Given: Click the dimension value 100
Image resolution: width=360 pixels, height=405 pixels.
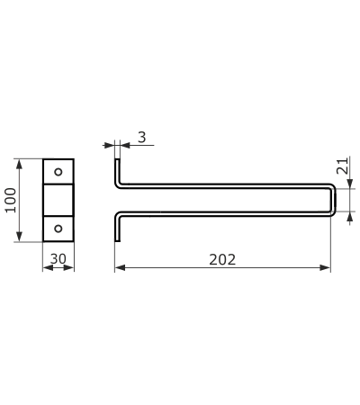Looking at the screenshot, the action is point(11,200).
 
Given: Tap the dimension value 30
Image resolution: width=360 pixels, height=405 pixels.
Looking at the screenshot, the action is point(58,259).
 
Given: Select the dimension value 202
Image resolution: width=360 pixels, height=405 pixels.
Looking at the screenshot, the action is point(222,260).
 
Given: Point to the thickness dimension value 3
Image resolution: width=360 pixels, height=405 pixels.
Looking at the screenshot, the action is point(142,137).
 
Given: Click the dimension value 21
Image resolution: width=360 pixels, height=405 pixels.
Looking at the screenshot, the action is point(343,166).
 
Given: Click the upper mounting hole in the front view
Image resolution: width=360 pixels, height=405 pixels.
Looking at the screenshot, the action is point(58,172).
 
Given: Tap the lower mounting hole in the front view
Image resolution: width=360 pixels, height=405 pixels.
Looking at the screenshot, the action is point(58,229).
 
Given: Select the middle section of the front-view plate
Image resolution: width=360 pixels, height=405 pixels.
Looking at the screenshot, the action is point(58,200).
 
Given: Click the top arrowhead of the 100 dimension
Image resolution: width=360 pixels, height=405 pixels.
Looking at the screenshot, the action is point(20,165).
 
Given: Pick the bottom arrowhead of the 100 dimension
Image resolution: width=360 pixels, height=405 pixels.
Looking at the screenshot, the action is point(20,237).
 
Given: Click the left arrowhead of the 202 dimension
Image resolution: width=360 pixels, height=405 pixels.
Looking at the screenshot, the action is point(120,267).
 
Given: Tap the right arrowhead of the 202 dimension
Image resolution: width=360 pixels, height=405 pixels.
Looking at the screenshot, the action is point(325,267).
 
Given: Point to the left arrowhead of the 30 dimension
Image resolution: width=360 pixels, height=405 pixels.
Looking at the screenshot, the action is point(48,267).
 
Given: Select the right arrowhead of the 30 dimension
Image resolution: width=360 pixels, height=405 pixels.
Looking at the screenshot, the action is point(68,267).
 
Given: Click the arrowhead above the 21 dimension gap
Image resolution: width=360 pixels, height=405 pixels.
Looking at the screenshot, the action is point(350,184).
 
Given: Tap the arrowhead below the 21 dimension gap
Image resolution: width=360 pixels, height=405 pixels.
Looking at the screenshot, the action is point(350,217).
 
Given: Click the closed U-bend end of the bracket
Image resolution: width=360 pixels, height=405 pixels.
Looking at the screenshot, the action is point(333,200).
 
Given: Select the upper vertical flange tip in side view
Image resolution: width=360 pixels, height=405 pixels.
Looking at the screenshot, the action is point(117,160).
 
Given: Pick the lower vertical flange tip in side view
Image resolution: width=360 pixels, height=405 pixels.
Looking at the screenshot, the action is point(117,240).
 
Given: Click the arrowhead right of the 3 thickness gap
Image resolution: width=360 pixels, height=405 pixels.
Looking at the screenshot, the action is point(125,145).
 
